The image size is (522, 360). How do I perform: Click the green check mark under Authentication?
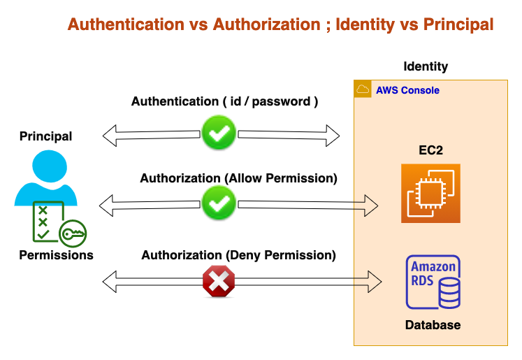coord(219,133)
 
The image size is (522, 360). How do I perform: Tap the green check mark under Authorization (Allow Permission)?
coord(219,204)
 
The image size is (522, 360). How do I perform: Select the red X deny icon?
coord(219,281)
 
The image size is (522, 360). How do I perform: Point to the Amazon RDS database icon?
coord(433,282)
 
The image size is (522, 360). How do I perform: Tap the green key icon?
coord(73,235)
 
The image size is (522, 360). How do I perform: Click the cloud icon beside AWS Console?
coord(363,89)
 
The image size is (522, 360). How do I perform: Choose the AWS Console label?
coord(407,90)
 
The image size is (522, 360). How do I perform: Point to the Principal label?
coord(46,136)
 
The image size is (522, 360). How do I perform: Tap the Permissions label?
coord(56,255)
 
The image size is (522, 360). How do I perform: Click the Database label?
coord(433,325)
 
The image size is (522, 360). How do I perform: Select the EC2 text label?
coord(430,150)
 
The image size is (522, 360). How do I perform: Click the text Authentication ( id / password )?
coord(224,102)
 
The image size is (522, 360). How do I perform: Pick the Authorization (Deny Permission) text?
coord(238,256)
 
